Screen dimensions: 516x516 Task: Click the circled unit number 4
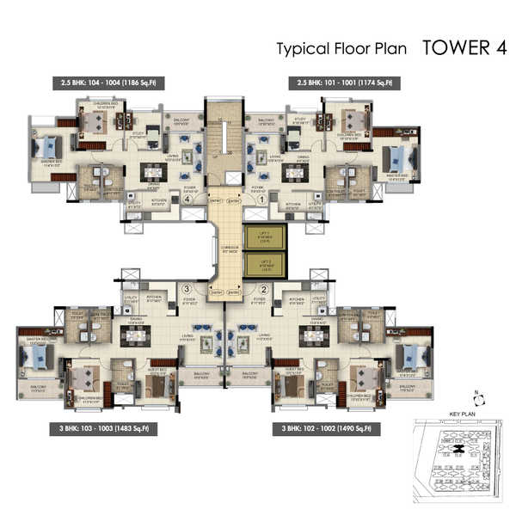point(187,199)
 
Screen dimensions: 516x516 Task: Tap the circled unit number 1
point(262,199)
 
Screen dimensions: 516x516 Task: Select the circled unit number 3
point(186,288)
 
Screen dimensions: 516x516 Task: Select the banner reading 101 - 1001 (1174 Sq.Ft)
point(344,83)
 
